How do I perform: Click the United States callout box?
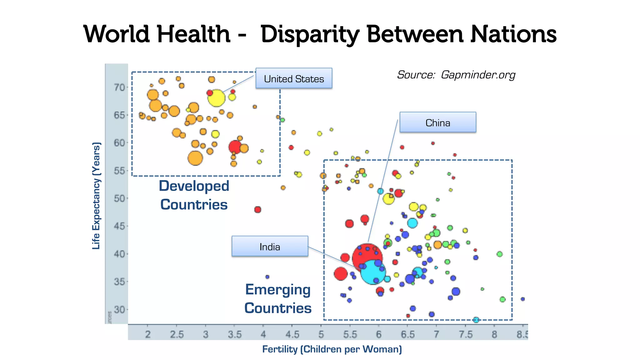point(294,78)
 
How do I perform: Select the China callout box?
point(437,122)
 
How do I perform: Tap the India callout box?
point(270,247)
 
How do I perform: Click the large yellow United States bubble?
point(216,98)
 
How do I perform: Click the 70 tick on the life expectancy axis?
point(119,87)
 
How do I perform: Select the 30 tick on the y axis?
point(119,310)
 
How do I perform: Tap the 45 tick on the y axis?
point(119,226)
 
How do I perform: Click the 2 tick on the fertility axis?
point(148,334)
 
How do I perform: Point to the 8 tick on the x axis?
point(494,334)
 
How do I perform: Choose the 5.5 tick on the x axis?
point(350,334)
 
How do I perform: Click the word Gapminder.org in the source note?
point(478,75)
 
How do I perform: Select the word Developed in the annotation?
point(194,186)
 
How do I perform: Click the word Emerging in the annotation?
point(278,290)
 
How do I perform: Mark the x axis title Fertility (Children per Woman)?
point(332,349)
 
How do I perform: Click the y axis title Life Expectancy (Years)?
point(96,196)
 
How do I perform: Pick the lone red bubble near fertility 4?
point(257,209)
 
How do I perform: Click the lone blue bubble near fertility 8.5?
point(522,299)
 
